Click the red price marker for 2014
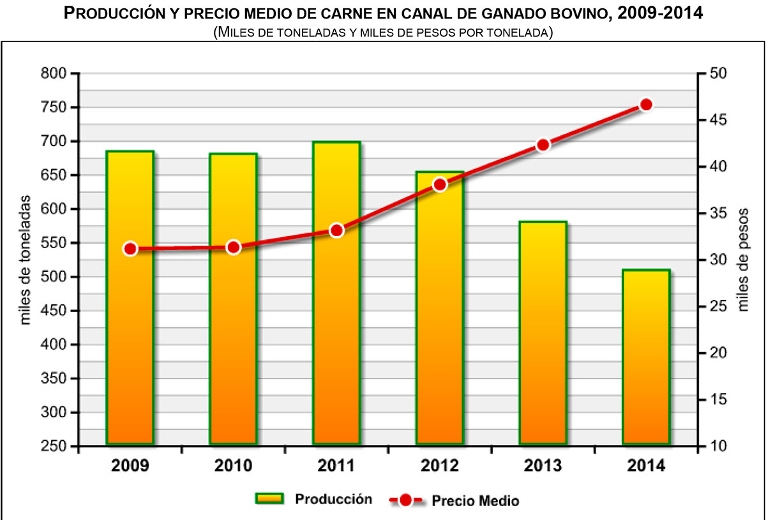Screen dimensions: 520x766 pyautogui.click(x=646, y=105)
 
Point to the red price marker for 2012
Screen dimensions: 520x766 pyautogui.click(x=440, y=185)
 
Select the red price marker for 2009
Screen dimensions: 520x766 pyautogui.click(x=130, y=249)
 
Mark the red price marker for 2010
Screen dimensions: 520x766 pyautogui.click(x=234, y=248)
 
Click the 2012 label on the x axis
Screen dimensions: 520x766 pyautogui.click(x=439, y=466)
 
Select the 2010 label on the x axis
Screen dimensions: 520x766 pyautogui.click(x=234, y=466)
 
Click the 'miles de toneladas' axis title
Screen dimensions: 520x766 pyautogui.click(x=26, y=260)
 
